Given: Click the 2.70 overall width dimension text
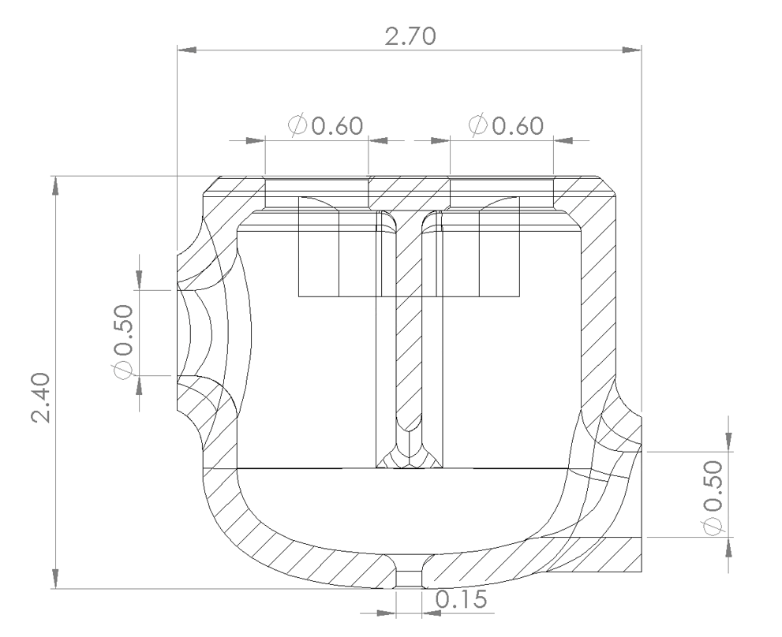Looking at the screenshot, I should point(410,36).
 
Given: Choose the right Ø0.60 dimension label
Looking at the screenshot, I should point(505,125).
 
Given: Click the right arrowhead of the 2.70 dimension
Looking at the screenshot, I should point(631,50).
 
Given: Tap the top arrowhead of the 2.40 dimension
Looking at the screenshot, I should point(54,185).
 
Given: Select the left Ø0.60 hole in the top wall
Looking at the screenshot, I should point(316,194).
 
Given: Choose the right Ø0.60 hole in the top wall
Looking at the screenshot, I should point(502,194).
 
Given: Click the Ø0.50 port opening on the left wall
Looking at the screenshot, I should point(183,333).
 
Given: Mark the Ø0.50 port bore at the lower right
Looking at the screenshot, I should point(623,495).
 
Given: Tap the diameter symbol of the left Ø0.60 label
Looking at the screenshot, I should point(298,125).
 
